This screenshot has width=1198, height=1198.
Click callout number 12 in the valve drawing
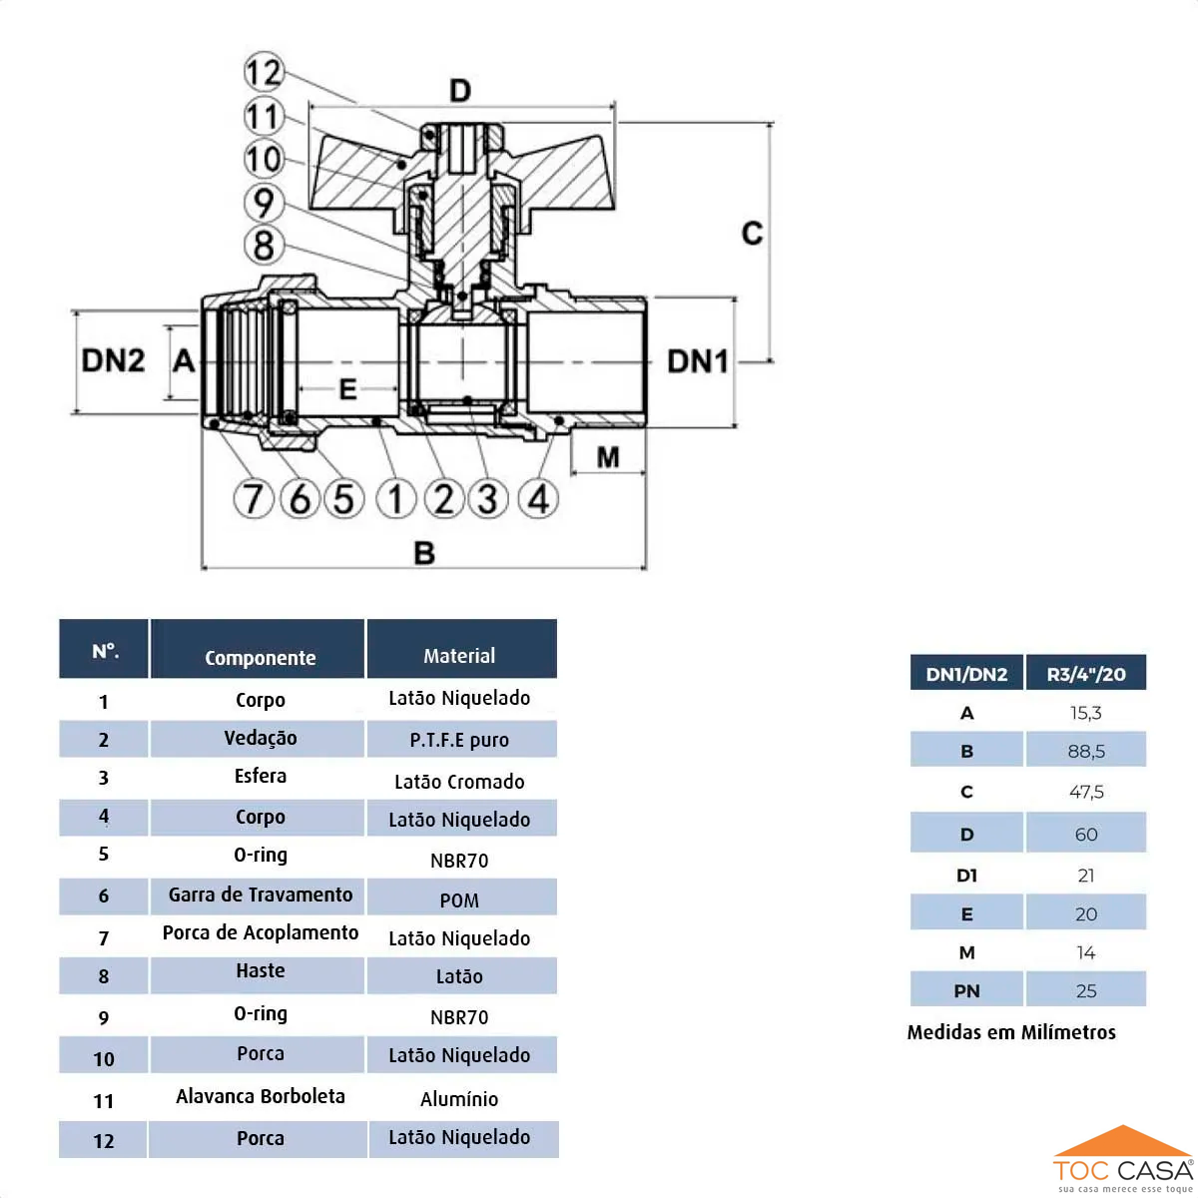[264, 72]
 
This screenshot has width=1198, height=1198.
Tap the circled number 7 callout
[254, 498]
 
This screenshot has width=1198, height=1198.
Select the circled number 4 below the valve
[538, 498]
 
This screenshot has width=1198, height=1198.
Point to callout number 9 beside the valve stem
[264, 203]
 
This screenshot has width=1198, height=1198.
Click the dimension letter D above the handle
[460, 91]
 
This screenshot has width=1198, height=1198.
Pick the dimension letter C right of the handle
[752, 234]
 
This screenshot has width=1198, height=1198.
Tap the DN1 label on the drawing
[698, 361]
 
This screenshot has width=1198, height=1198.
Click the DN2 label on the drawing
[113, 360]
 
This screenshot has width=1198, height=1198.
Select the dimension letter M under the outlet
[608, 457]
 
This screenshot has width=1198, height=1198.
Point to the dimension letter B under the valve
[424, 553]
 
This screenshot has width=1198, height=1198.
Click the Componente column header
[260, 657]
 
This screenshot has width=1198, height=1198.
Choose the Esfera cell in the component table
[260, 776]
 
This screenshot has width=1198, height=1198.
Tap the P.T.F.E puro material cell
[459, 740]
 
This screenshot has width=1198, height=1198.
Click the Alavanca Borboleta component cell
[260, 1096]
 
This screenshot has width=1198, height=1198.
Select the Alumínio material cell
[459, 1099]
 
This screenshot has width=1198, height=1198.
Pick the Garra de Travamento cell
[260, 895]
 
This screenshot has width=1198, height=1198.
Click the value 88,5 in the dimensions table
[1086, 752]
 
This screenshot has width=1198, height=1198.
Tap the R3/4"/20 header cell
[1086, 674]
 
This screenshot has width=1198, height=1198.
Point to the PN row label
[966, 991]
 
